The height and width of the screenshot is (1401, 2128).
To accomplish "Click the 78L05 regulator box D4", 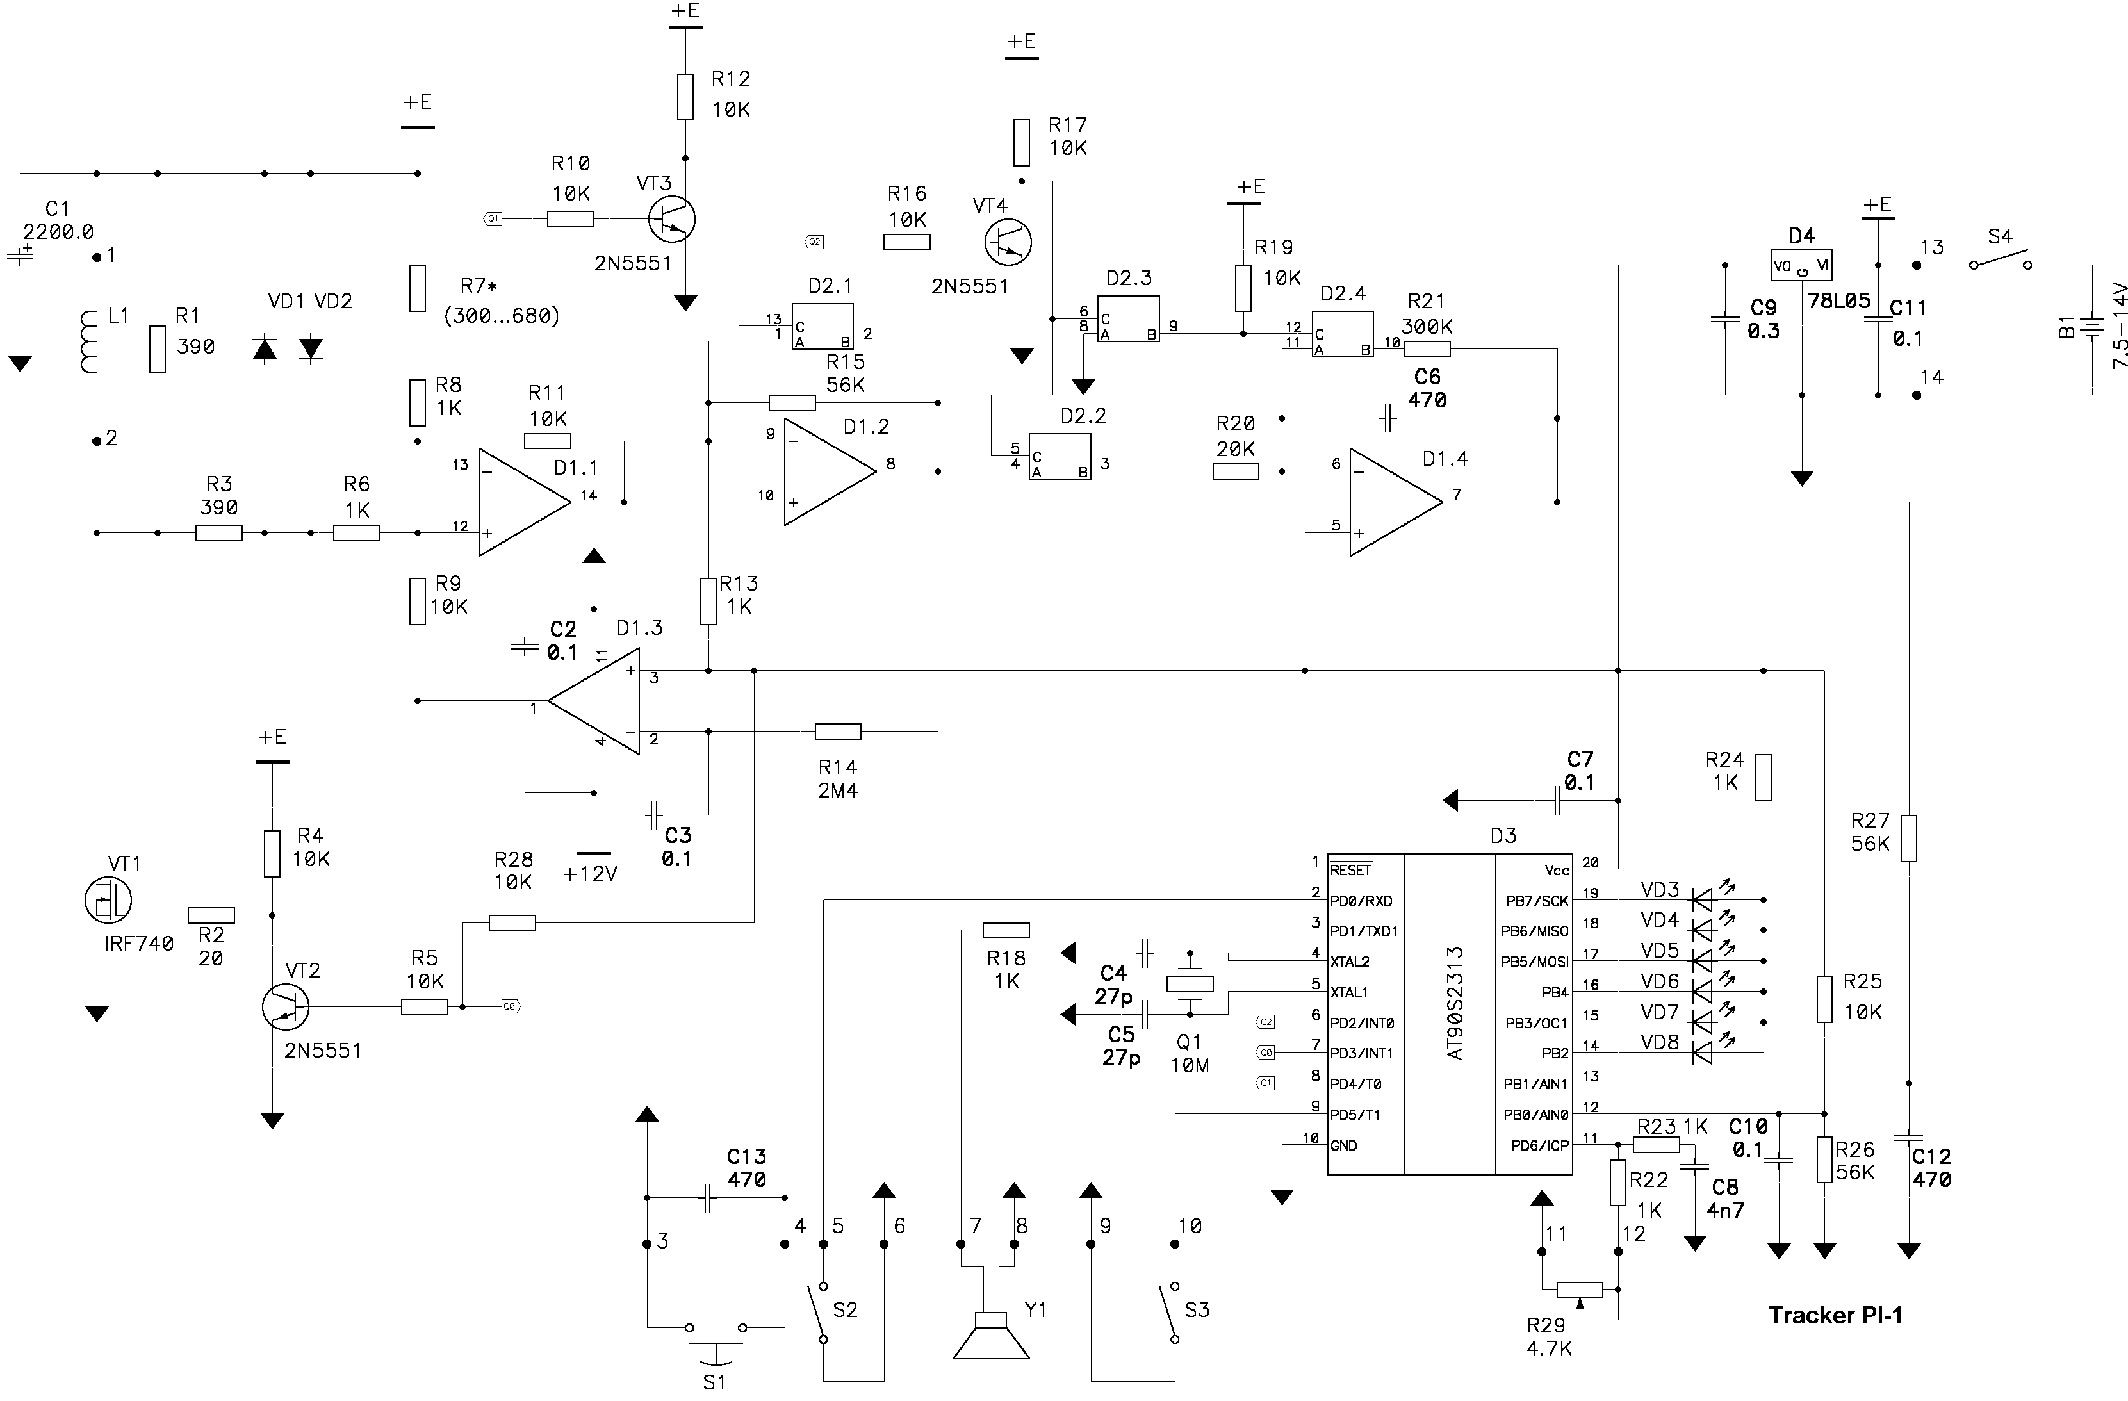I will click(1801, 266).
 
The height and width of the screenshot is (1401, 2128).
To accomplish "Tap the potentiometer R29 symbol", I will click(1580, 1290).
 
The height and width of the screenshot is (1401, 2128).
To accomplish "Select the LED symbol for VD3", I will click(1703, 899).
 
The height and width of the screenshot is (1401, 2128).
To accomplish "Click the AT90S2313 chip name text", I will click(1455, 1003).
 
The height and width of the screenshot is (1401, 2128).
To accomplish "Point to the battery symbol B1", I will click(2092, 327).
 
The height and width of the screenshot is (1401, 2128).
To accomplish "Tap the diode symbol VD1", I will click(264, 348).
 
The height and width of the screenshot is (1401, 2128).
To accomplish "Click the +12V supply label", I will click(590, 874).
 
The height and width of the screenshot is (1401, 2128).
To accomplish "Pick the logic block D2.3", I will click(1128, 320).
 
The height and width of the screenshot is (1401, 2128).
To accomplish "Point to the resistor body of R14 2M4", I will click(838, 732).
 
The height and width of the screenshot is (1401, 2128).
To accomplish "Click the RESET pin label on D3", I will click(1350, 870).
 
